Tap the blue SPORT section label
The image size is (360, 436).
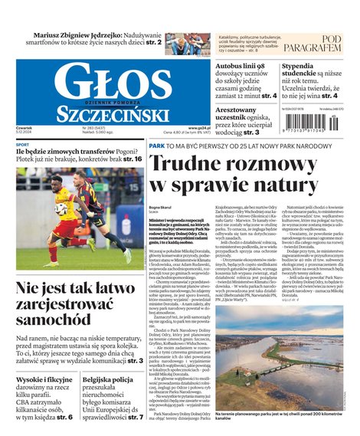tap(23, 145)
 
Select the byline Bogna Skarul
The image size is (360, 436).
tap(160, 207)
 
